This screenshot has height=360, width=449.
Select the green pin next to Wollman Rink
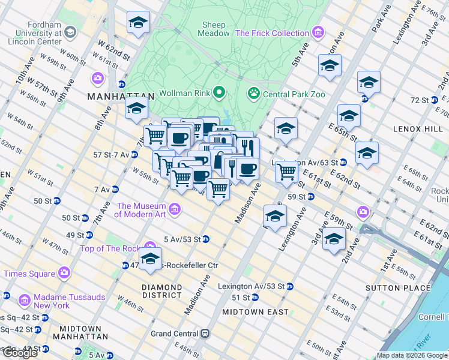[x=219, y=92]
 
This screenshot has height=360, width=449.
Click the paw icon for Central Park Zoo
[x=253, y=93]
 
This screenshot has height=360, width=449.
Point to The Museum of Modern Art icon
[x=175, y=209]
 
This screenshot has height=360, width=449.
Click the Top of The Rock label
[x=111, y=248]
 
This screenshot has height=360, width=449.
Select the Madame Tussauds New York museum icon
[x=25, y=299]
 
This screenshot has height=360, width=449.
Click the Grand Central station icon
[x=205, y=333]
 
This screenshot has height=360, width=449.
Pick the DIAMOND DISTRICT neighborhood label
[x=161, y=291]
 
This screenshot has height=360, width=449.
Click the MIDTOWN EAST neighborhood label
[x=255, y=312]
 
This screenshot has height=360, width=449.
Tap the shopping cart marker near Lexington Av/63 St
[x=287, y=171]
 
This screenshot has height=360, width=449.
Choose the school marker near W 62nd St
[x=138, y=23]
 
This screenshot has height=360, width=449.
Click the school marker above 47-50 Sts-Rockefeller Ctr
[x=150, y=259]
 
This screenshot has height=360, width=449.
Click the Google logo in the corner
[x=20, y=353]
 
